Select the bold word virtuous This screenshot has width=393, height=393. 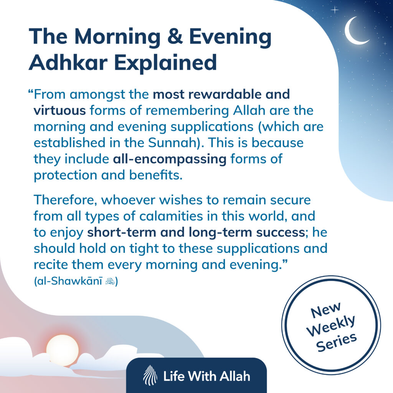tap(59, 111)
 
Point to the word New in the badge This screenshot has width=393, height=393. tap(321, 309)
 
